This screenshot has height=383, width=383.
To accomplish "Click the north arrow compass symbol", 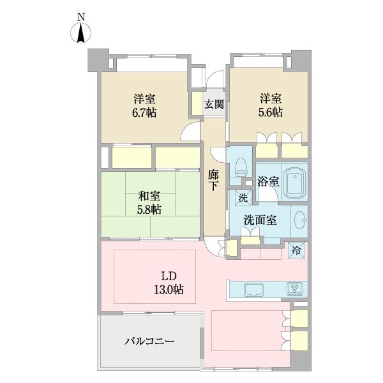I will coord(82,33).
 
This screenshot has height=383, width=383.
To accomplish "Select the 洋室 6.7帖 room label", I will coord(145,105).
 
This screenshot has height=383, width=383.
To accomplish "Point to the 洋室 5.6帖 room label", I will coord(271,105).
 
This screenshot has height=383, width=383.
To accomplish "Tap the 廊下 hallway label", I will coord(213,179).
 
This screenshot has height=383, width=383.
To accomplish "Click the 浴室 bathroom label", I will coord(267,181).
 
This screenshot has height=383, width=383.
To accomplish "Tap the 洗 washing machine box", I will coord(242,198).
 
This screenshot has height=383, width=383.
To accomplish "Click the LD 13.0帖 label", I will coord(169,283).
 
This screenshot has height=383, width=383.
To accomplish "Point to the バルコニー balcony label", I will coord(149,342).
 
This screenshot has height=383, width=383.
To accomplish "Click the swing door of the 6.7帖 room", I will coord(190,131).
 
